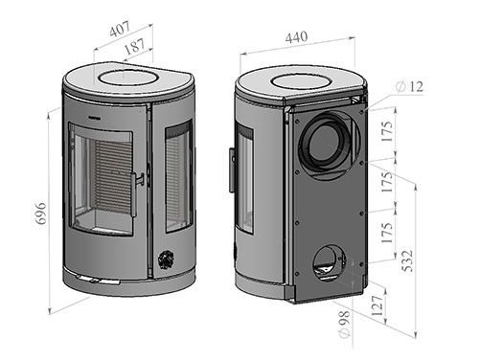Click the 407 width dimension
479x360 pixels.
pyautogui.click(x=120, y=29)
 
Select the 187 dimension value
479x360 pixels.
pyautogui.click(x=134, y=46)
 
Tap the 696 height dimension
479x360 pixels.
pyautogui.click(x=41, y=214)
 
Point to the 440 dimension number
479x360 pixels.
pyautogui.click(x=297, y=37)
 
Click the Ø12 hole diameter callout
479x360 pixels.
pyautogui.click(x=409, y=86)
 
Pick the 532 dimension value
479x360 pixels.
pyautogui.click(x=407, y=261)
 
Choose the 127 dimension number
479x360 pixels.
pyautogui.click(x=377, y=305)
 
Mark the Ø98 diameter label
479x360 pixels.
pyautogui.click(x=344, y=325)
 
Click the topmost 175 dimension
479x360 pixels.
pyautogui.click(x=387, y=131)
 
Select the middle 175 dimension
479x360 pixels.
pyautogui.click(x=387, y=182)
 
